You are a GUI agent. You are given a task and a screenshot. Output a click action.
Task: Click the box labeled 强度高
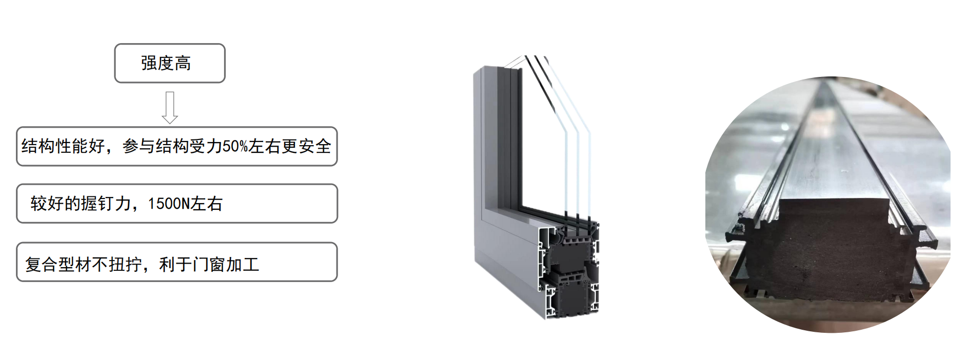169,63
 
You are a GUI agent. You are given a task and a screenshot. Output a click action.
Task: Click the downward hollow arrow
170,108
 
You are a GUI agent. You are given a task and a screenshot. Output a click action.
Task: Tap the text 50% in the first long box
235,147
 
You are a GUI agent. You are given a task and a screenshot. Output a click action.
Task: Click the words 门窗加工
226,265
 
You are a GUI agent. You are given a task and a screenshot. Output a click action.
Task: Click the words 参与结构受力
172,147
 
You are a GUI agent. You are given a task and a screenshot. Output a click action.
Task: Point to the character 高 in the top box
183,63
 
